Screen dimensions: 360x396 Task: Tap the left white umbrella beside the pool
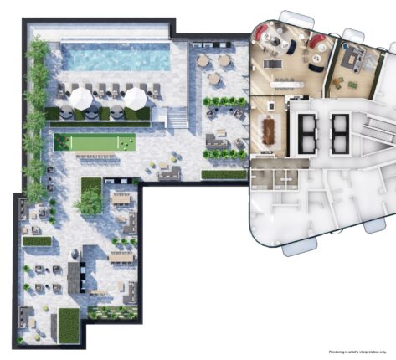(x=80, y=99)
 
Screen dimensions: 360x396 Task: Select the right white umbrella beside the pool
(x=135, y=99)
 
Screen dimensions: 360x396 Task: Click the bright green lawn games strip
(x=95, y=143)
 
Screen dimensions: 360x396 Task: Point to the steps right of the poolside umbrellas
(x=177, y=120)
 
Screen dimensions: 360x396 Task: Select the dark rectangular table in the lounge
(x=270, y=64)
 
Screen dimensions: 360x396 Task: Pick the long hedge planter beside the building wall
(x=224, y=174)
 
